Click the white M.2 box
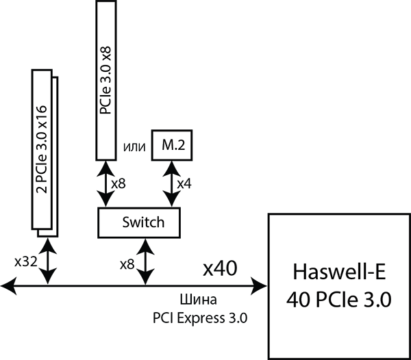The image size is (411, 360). click(171, 145)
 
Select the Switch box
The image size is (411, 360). click(139, 222)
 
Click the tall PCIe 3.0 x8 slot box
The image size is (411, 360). click(105, 80)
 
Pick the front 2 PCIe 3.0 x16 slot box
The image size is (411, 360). click(42, 149)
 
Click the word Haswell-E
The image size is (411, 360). click(339, 272)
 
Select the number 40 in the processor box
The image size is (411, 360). click(298, 300)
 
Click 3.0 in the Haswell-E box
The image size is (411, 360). click(376, 300)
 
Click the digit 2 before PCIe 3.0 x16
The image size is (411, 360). click(42, 187)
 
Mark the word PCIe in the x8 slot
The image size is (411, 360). click(105, 102)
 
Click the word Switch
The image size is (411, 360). click(143, 222)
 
